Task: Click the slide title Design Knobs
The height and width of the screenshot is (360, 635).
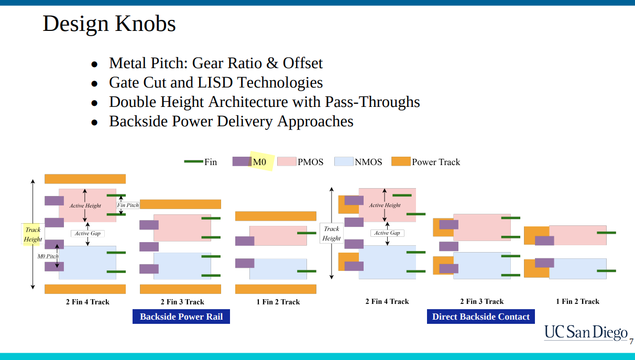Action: point(109,24)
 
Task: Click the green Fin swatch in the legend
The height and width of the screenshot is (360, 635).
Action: point(193,161)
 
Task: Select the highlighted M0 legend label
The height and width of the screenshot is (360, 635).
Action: point(260,162)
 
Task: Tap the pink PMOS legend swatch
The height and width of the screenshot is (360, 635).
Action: point(286,161)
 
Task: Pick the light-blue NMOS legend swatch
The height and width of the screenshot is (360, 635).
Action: point(343,161)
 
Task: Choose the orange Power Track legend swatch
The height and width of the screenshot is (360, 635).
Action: point(400,161)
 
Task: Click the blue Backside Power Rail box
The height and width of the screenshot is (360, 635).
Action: point(181,317)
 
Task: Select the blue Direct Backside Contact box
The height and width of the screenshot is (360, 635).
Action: point(480,317)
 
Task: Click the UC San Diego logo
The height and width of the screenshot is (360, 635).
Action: point(585,332)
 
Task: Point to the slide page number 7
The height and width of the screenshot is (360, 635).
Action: point(631,342)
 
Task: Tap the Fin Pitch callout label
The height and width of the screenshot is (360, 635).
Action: point(128,205)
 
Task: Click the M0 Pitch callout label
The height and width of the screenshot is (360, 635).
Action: point(48,256)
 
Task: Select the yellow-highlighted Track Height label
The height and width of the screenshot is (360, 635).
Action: point(32,234)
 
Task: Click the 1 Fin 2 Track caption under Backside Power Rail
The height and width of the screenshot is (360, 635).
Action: point(276,302)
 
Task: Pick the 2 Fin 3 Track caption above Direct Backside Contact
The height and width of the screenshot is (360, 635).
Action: point(481,301)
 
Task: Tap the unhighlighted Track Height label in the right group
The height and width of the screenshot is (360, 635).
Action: point(331,233)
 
